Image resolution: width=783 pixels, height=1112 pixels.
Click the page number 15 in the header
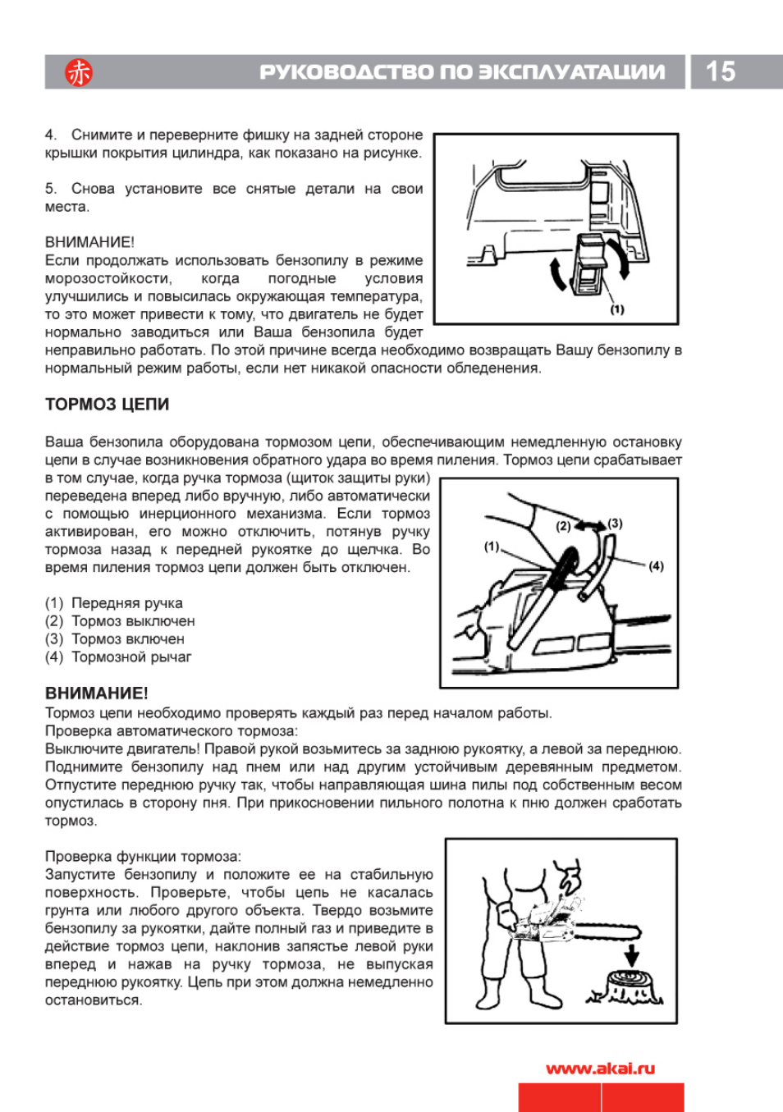[720, 71]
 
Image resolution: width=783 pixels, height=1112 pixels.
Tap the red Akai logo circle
[79, 72]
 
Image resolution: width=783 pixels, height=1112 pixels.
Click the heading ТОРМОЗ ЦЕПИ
[107, 405]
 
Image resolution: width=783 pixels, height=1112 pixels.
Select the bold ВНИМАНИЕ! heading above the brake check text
[96, 693]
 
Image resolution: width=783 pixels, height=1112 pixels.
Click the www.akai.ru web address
[600, 1069]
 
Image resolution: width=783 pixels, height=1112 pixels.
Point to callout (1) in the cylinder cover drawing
[616, 309]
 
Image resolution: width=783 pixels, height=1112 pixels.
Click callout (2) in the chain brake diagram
[563, 526]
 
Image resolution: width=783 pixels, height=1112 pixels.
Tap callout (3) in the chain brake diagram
[615, 524]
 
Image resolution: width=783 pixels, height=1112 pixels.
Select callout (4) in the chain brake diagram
[656, 565]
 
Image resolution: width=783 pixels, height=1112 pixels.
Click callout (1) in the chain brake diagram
[492, 546]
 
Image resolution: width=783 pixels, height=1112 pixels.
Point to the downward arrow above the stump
[631, 955]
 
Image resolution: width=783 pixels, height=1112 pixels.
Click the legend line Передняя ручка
[114, 603]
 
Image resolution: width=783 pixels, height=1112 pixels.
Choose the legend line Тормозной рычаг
[118, 657]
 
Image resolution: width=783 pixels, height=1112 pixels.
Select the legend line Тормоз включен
[115, 639]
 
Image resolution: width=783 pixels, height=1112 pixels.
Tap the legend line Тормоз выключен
[120, 621]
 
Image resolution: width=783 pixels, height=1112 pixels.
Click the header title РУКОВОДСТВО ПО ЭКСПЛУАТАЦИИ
[462, 72]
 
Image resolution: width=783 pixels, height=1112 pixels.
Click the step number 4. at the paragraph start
[51, 135]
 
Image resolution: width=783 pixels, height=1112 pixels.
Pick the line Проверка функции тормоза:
[143, 857]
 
